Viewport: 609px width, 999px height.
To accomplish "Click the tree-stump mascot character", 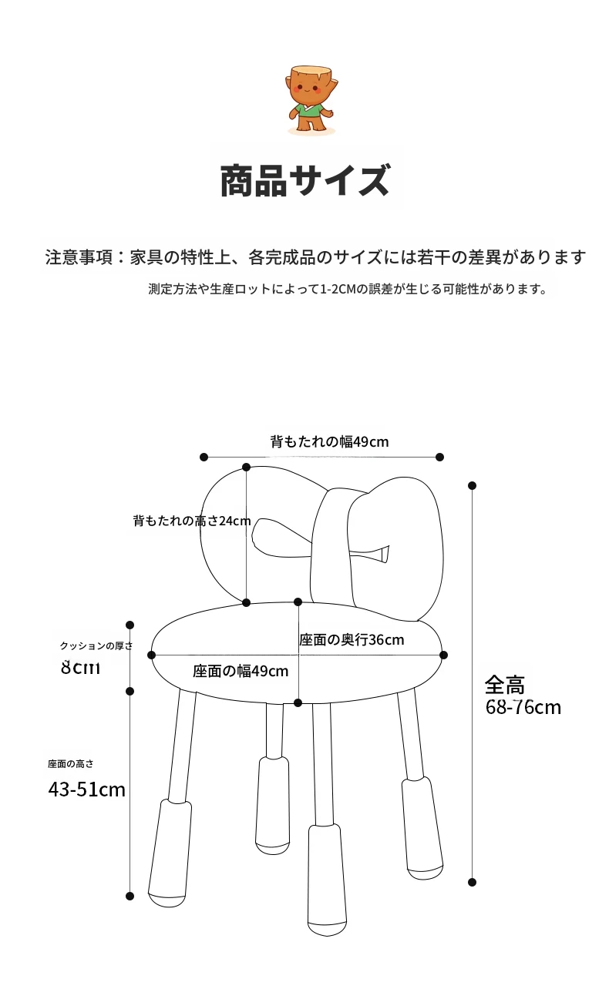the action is (311, 99).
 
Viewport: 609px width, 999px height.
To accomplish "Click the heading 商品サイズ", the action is (306, 180).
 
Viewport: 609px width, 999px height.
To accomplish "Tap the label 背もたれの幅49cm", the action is (329, 441).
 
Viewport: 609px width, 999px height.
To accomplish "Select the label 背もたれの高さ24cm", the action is (192, 521).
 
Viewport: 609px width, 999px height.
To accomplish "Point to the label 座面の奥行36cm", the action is (352, 640).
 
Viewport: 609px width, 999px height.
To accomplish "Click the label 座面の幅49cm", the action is (241, 671).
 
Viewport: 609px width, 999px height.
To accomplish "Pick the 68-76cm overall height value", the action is (523, 707).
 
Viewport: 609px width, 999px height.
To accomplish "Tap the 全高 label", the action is (505, 685).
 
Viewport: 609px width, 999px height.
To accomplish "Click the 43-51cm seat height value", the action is (87, 789).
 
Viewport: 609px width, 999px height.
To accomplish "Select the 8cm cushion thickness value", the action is (80, 668).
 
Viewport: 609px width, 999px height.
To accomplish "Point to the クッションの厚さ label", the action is (96, 645).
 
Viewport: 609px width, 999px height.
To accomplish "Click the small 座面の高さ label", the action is (71, 764).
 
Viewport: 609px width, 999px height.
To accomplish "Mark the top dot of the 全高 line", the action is (472, 485).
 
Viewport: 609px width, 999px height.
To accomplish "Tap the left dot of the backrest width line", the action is (204, 457).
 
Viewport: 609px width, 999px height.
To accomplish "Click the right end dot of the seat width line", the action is (443, 655).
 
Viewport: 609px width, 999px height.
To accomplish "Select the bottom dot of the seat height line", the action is (130, 896).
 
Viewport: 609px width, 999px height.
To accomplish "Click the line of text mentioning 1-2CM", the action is (348, 289).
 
